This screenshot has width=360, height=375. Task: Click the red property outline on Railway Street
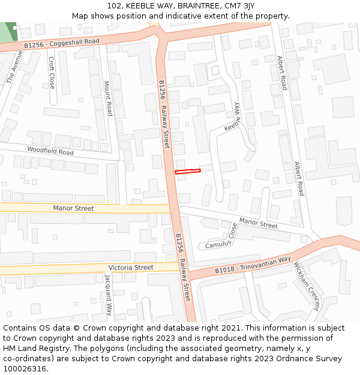coord(187,172)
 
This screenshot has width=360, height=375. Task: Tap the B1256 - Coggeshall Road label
coord(62,43)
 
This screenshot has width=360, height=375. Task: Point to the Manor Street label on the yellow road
coord(73,208)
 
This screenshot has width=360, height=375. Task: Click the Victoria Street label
coord(131,267)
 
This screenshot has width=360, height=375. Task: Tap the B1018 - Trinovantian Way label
coord(253,265)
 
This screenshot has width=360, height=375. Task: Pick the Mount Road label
coord(108,98)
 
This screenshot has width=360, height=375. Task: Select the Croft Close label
coord(52,73)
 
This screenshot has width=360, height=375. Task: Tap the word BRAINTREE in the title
coord(202,6)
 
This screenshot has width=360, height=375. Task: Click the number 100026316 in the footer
coord(26,368)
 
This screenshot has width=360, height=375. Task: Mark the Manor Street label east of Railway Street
coord(259,224)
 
